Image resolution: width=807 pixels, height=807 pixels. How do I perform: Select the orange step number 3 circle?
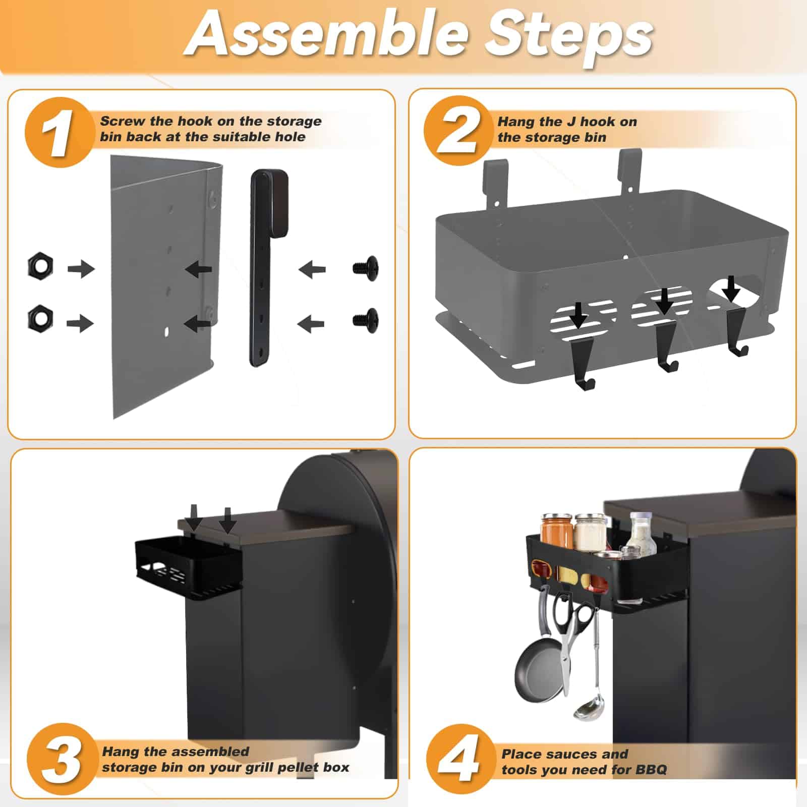[62, 758]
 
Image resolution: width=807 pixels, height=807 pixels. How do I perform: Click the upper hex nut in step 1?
[40, 265]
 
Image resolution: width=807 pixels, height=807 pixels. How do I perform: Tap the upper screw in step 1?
[366, 268]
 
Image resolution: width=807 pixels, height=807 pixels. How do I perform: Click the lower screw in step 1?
[366, 320]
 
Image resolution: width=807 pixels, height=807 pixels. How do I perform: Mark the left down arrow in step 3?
[195, 517]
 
